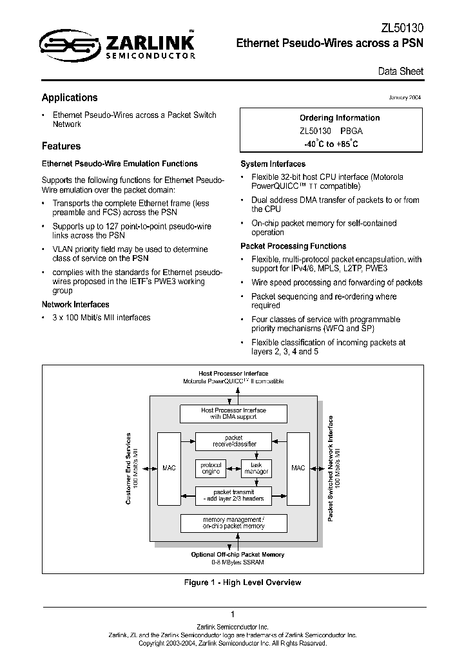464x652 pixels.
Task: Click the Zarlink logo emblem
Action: [68, 44]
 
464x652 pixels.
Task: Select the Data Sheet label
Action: [400, 72]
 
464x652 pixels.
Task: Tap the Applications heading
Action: [70, 98]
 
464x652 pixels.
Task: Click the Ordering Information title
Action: [340, 118]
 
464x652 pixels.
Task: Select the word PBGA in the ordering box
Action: [351, 131]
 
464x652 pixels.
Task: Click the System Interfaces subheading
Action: [273, 164]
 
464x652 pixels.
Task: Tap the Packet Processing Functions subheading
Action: [293, 246]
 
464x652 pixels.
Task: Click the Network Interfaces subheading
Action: [75, 304]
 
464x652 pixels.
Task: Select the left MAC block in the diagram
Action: [169, 468]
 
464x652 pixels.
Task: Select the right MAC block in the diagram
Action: [298, 468]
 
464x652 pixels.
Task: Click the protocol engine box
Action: [211, 468]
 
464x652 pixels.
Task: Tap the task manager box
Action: [256, 468]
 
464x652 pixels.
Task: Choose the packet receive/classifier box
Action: [233, 441]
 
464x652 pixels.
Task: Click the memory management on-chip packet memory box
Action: [233, 523]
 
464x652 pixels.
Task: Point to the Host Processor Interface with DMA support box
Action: [233, 414]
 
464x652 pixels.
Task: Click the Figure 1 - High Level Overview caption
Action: [242, 582]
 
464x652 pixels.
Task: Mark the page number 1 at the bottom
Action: [232, 615]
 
